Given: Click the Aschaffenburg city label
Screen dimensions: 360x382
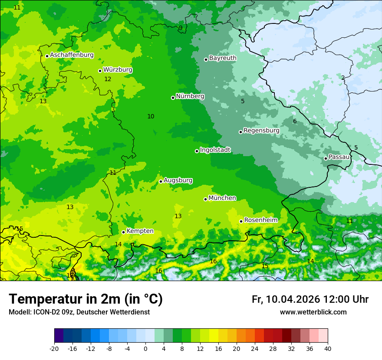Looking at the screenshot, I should pyautogui.click(x=72, y=55).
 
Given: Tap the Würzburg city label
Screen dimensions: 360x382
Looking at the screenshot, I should pyautogui.click(x=118, y=70).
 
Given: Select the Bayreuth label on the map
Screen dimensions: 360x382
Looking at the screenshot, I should pyautogui.click(x=223, y=58).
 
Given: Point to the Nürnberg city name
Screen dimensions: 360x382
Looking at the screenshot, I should pyautogui.click(x=190, y=96).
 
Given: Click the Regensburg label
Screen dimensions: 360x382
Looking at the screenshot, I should pyautogui.click(x=261, y=131).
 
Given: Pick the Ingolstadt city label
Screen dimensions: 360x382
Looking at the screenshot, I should pyautogui.click(x=215, y=150).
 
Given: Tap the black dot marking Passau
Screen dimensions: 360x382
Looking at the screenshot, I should pyautogui.click(x=326, y=158).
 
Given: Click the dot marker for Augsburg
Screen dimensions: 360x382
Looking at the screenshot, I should pyautogui.click(x=161, y=181).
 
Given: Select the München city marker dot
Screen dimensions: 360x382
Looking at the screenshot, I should pyautogui.click(x=205, y=199).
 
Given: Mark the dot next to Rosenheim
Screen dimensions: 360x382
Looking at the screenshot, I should pyautogui.click(x=241, y=221).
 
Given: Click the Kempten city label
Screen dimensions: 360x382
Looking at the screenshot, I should pyautogui.click(x=140, y=231).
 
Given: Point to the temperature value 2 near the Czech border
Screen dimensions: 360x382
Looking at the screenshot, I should pyautogui.click(x=343, y=78).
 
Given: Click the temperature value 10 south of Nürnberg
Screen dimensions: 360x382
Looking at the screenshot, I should pyautogui.click(x=151, y=116).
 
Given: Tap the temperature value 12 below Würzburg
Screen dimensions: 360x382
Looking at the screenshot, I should pyautogui.click(x=108, y=79).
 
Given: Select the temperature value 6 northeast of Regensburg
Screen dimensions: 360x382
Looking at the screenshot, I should pyautogui.click(x=295, y=121).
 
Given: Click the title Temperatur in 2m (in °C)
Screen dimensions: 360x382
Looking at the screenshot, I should pyautogui.click(x=86, y=299).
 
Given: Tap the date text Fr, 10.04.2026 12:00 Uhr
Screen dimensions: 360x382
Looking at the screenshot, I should pyautogui.click(x=310, y=299).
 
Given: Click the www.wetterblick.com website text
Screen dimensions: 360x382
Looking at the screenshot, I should pyautogui.click(x=313, y=312).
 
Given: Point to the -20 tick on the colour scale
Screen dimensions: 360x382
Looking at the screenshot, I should pyautogui.click(x=54, y=348).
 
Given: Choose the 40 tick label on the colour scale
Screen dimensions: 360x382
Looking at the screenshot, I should pyautogui.click(x=327, y=348).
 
